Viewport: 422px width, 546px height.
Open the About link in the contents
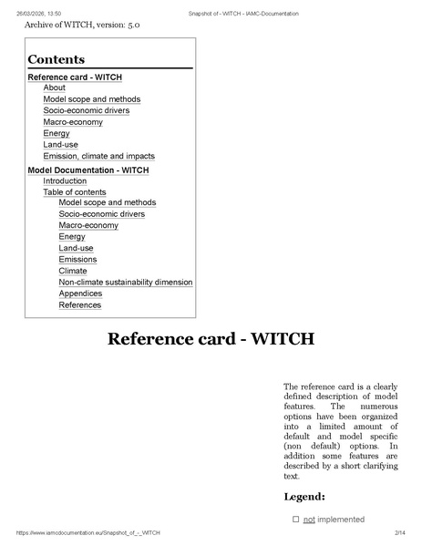tap(54, 88)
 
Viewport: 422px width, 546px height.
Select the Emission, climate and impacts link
tap(98, 157)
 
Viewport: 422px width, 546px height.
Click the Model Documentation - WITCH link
tap(88, 170)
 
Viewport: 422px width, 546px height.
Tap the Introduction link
tap(65, 181)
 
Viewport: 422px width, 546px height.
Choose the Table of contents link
tap(75, 192)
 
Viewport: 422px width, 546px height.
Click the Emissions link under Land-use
tap(77, 260)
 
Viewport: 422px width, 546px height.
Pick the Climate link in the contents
tap(73, 271)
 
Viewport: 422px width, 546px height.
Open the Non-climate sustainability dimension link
tap(126, 283)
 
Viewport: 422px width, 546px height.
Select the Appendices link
tap(80, 294)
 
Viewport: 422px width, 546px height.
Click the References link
tap(80, 305)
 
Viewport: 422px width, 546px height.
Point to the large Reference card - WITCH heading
tap(211, 340)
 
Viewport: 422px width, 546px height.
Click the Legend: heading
tap(304, 498)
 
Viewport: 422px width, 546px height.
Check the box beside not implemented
tap(295, 520)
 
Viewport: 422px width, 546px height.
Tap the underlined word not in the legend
tap(309, 520)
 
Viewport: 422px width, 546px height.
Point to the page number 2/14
tap(398, 532)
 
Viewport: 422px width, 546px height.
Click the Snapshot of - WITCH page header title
tap(243, 14)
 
